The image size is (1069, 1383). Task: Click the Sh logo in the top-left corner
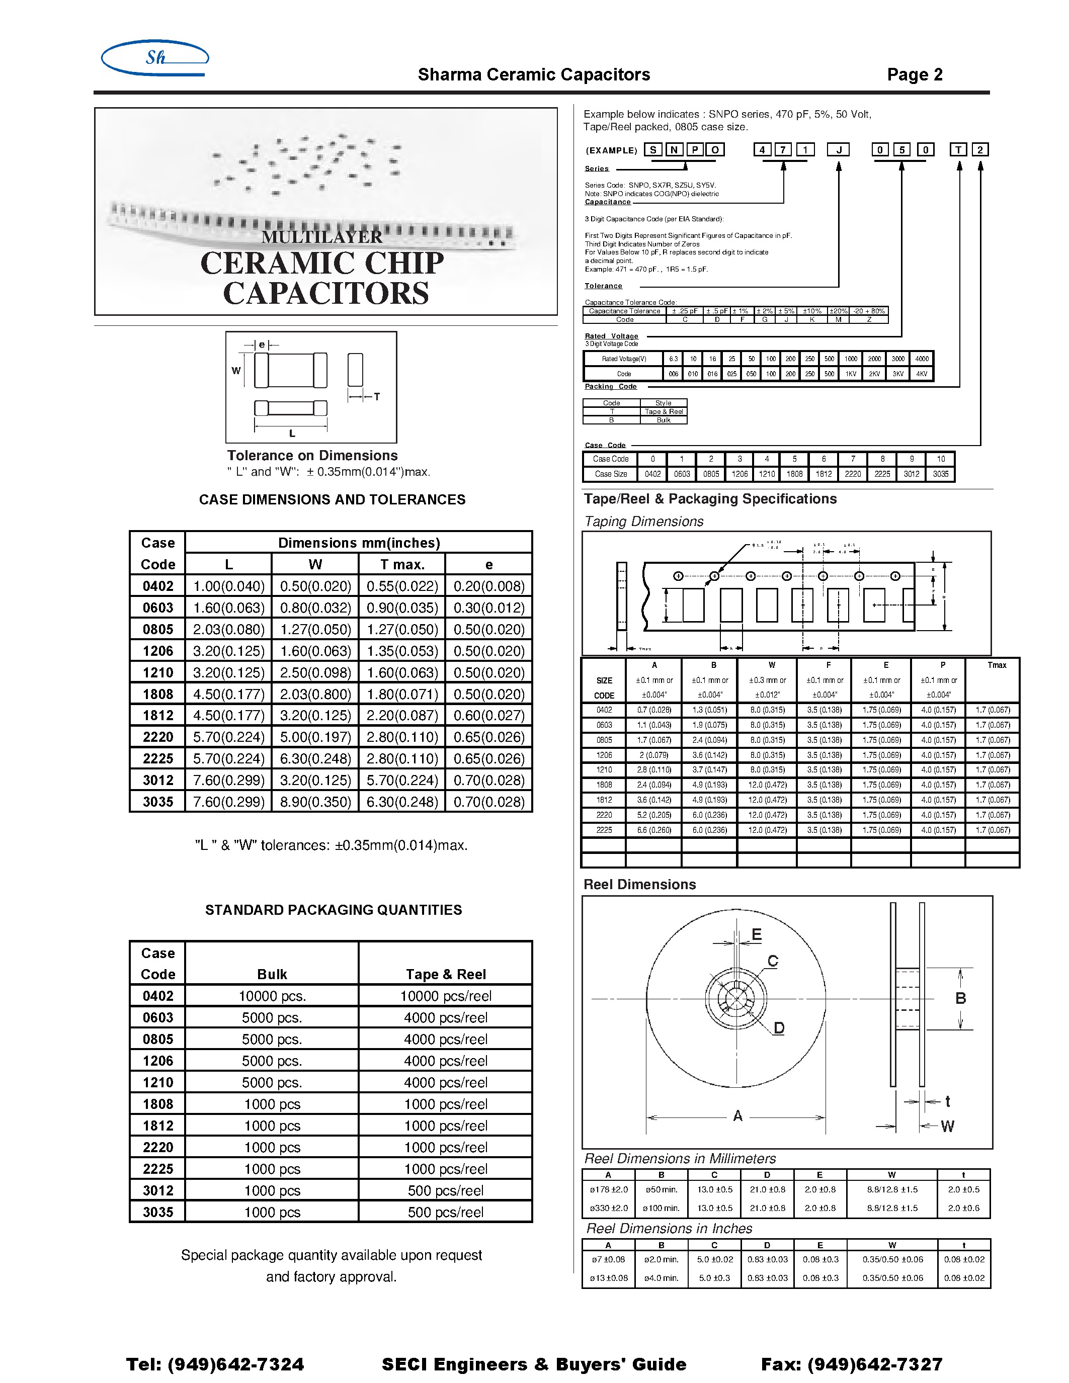[155, 58]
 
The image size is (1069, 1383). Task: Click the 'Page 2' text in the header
[915, 75]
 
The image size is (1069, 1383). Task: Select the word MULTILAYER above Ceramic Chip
[322, 237]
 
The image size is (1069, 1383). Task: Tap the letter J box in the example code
[838, 150]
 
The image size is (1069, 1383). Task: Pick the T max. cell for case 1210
[402, 672]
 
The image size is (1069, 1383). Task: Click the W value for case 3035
[315, 802]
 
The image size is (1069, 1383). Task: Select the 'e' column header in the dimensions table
[488, 564]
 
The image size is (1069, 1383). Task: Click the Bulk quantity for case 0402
[272, 996]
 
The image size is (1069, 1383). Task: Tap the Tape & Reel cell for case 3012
[445, 1190]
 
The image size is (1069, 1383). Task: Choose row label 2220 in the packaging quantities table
[157, 1148]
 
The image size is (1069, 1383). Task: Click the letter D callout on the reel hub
[778, 1028]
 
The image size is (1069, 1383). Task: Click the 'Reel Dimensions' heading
[639, 885]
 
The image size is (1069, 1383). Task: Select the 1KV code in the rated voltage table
[851, 374]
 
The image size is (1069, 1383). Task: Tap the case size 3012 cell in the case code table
[912, 474]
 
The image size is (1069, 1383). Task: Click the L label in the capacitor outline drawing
[292, 434]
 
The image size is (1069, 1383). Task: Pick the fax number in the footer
[851, 1364]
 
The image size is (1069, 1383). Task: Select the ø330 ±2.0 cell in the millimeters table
[609, 1208]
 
